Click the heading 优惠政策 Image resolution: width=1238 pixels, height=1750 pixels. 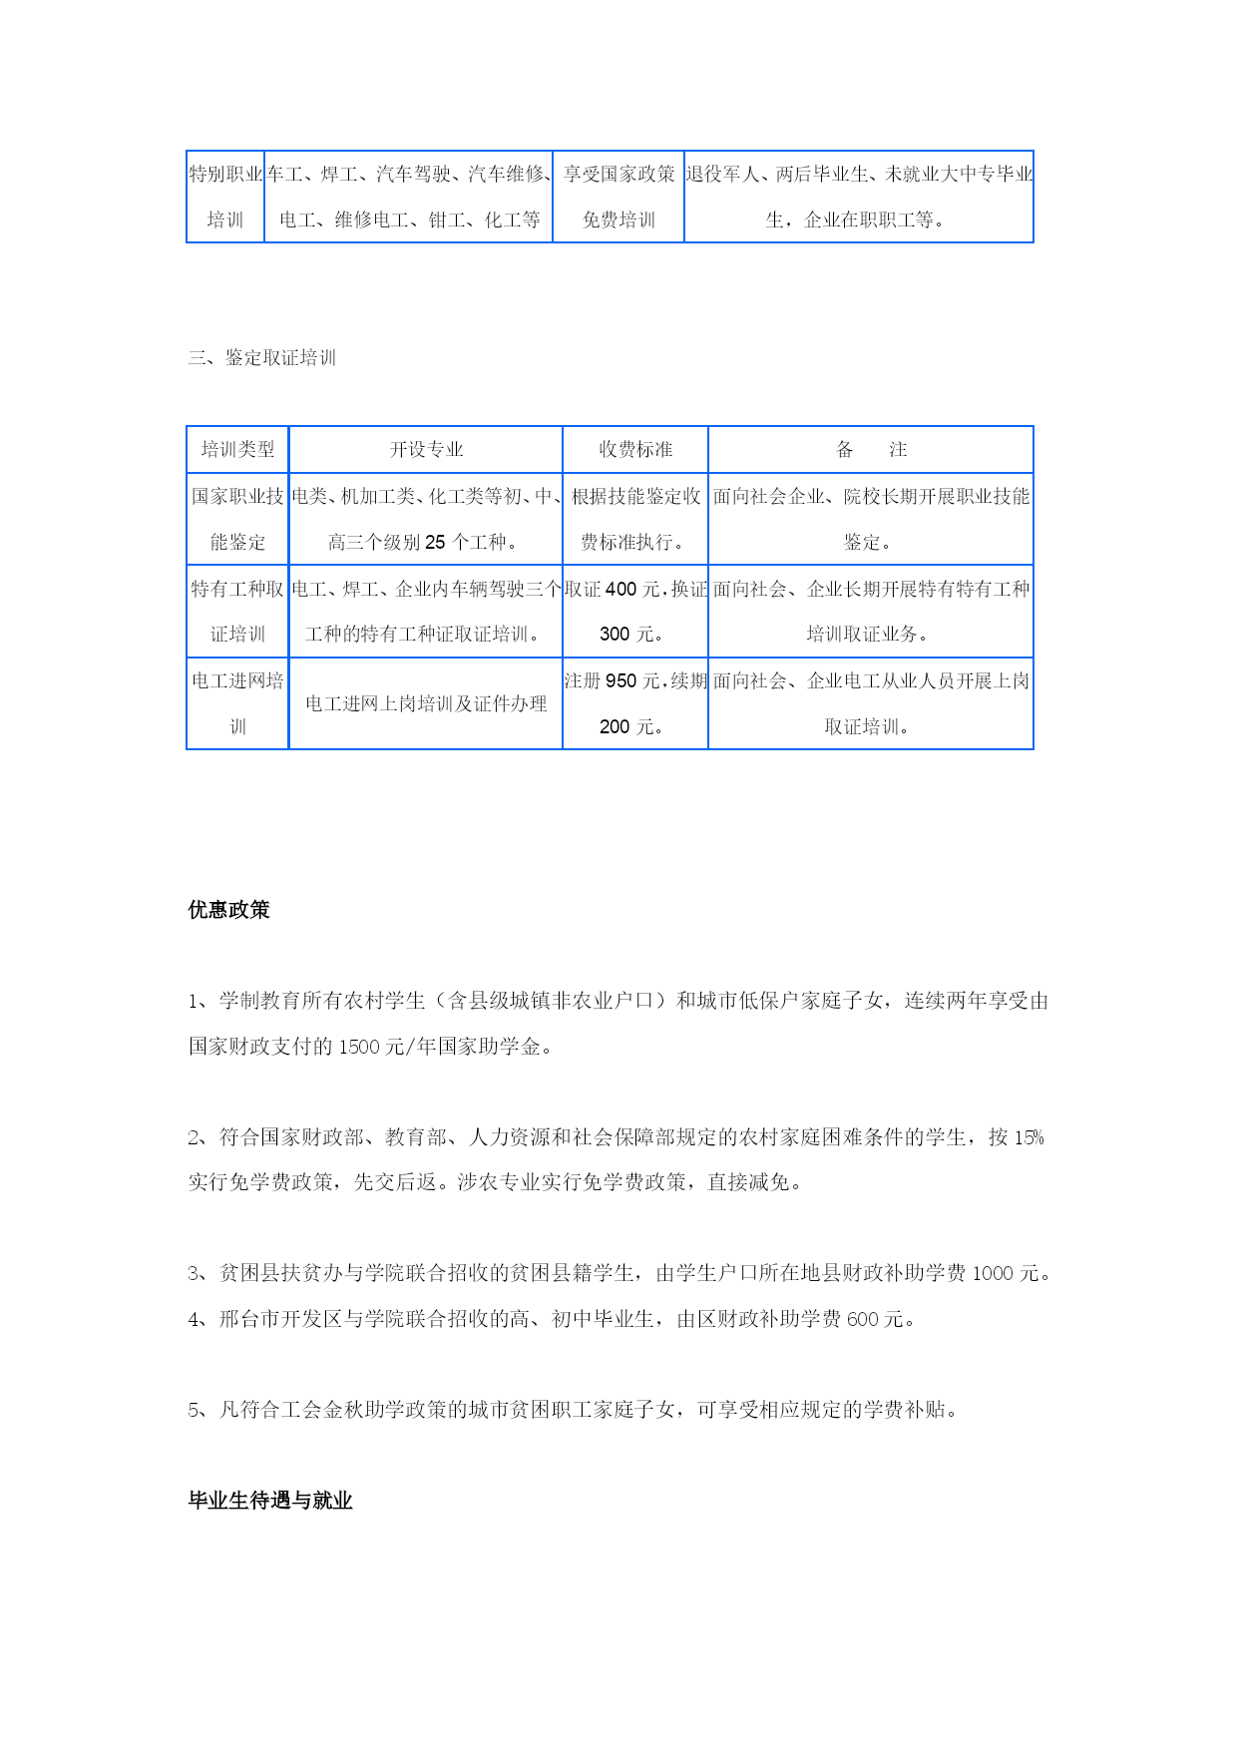click(228, 910)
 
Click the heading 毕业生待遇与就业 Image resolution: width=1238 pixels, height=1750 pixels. click(270, 1501)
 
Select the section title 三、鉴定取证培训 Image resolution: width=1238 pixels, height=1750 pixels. click(262, 358)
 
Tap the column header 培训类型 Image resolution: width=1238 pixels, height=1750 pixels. click(237, 450)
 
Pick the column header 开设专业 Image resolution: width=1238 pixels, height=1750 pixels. click(426, 450)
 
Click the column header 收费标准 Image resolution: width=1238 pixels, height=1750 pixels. click(635, 450)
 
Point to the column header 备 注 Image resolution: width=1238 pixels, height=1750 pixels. click(871, 450)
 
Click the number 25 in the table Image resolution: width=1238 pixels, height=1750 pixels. click(435, 543)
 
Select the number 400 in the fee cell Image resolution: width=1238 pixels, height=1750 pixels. click(620, 590)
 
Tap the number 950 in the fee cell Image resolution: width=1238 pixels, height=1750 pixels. click(620, 681)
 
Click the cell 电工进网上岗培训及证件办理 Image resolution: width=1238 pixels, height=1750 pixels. click(426, 704)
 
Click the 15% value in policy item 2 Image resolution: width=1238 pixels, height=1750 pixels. click(1029, 1137)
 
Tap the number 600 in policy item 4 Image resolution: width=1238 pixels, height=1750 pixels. click(863, 1319)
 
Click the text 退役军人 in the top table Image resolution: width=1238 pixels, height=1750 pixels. click(722, 175)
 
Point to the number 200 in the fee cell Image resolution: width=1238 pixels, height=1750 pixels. click(615, 727)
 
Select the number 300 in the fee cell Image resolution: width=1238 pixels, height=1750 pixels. click(615, 635)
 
